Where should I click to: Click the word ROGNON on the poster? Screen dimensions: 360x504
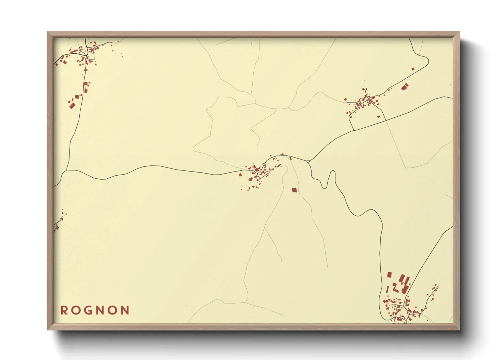click(95, 310)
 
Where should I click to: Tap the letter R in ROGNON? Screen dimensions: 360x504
click(64, 310)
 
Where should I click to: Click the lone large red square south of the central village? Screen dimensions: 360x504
click(294, 190)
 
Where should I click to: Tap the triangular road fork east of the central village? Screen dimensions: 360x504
click(309, 161)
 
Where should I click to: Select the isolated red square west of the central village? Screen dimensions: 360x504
click(240, 175)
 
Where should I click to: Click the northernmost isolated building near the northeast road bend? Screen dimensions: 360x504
click(413, 69)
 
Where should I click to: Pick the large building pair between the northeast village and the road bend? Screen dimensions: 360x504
click(405, 87)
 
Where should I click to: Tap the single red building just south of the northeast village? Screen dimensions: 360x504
click(378, 116)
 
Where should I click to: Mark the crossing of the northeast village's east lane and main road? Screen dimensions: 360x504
click(385, 120)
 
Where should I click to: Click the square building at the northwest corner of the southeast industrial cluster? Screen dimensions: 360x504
click(389, 275)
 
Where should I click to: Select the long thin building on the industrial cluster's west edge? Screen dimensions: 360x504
click(388, 290)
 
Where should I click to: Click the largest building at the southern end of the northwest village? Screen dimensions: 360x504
click(72, 105)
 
